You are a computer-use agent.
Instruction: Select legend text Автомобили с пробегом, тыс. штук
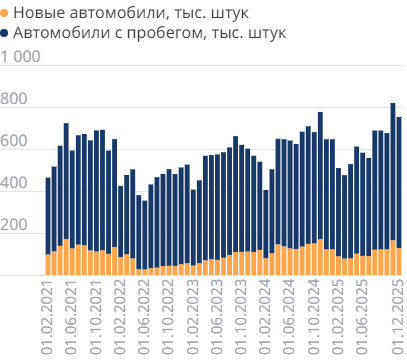tap(151, 33)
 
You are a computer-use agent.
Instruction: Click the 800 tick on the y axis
tap(14, 100)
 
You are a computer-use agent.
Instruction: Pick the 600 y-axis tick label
tap(14, 142)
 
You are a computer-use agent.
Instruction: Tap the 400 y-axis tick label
tap(14, 185)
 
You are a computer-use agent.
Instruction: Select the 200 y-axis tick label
tap(14, 227)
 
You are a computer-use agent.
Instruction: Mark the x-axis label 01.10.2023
tap(241, 314)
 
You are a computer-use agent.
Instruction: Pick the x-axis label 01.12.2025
tap(398, 314)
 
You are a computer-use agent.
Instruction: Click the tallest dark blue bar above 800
tap(393, 170)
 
